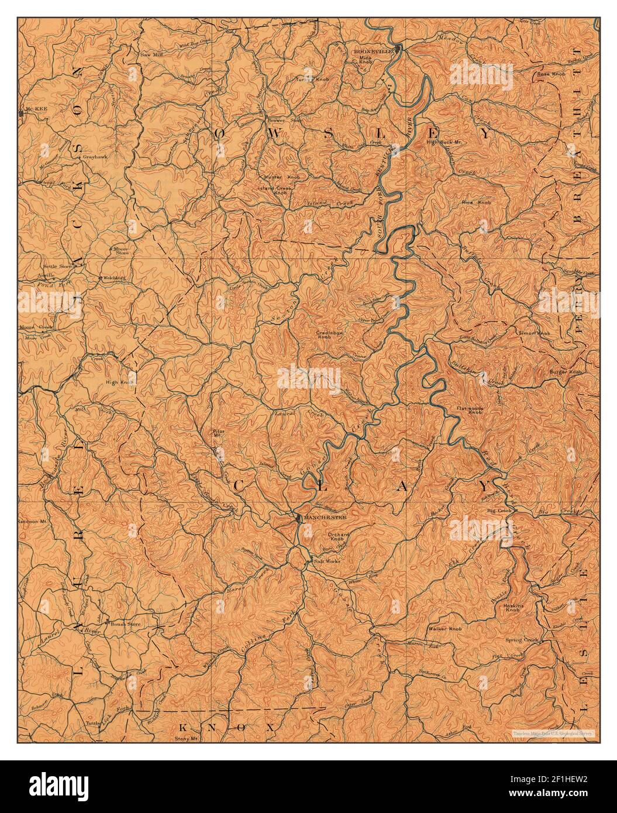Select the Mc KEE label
click(x=32, y=109)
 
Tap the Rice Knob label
click(x=477, y=202)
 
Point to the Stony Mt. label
click(x=187, y=738)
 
